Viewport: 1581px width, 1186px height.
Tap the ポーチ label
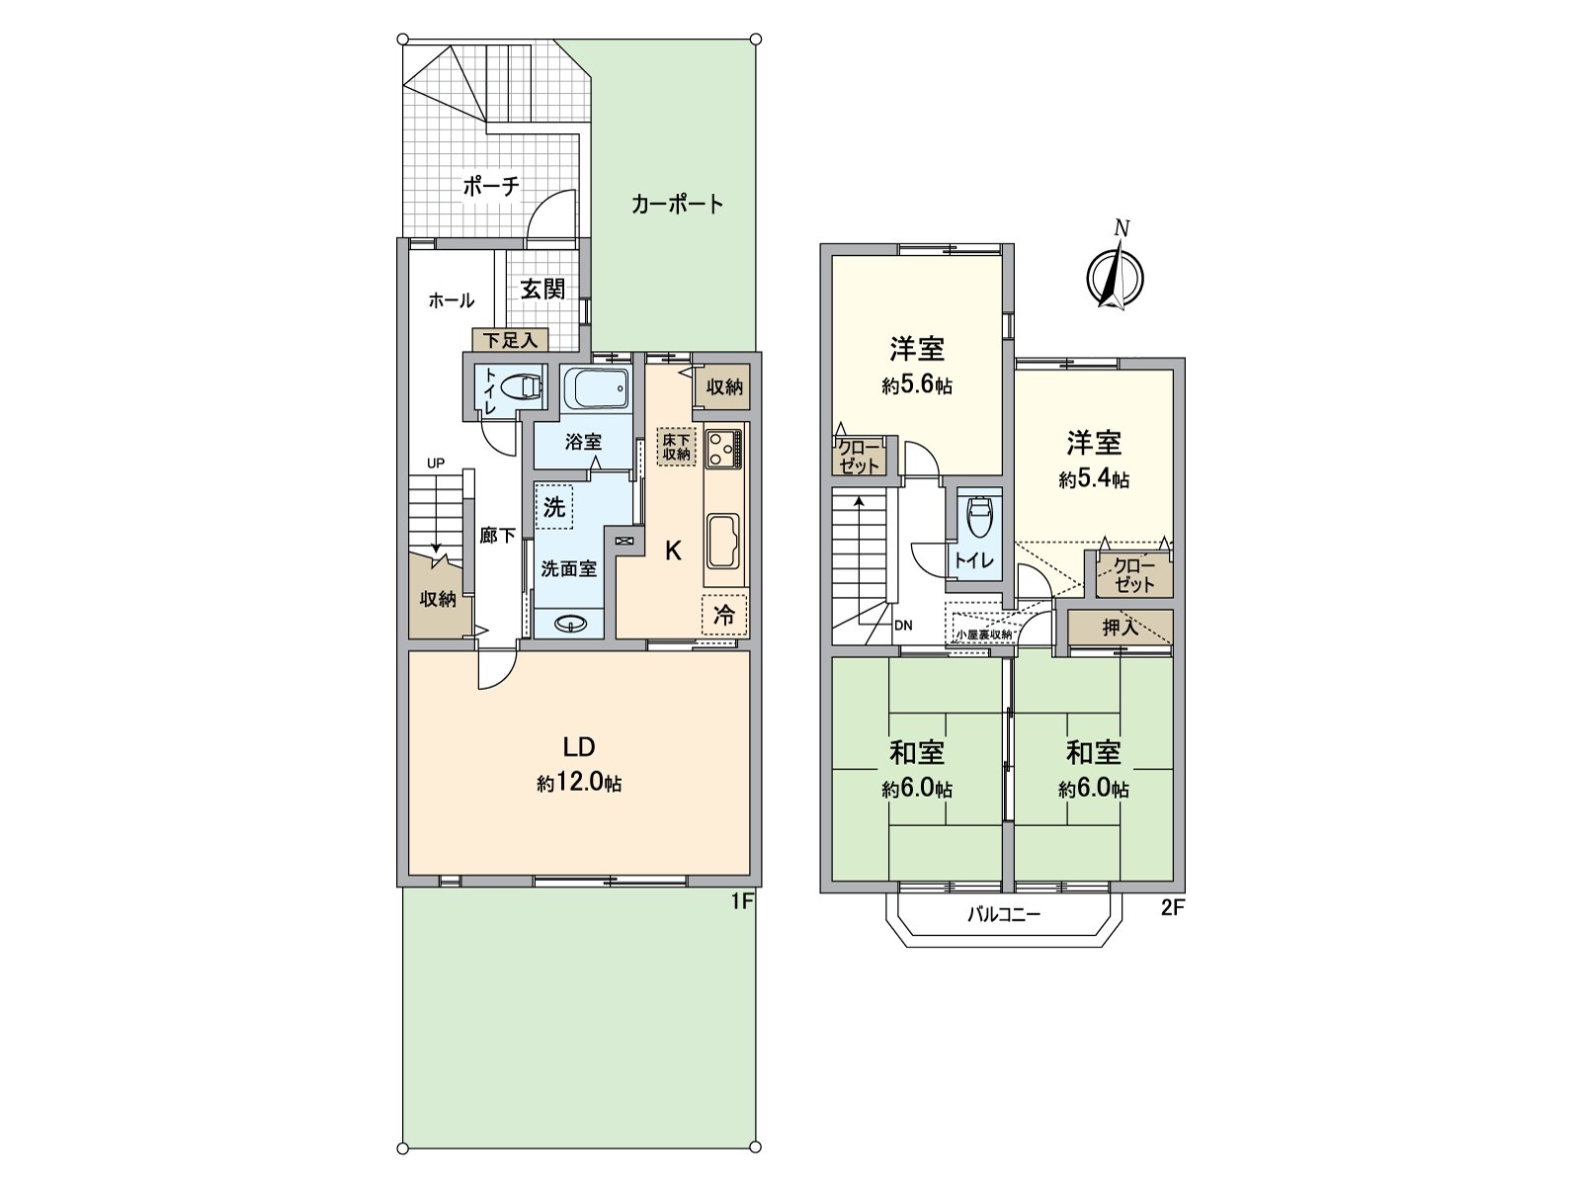coord(491,186)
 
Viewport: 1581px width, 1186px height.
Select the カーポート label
coord(677,205)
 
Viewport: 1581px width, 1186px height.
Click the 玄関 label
coord(542,289)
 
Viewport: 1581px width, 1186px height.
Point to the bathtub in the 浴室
coord(596,388)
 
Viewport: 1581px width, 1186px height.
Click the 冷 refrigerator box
coord(724,615)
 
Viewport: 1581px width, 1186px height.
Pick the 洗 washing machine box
coord(554,507)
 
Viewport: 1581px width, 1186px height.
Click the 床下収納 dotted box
coord(677,446)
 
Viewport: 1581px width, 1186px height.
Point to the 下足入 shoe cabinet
coord(509,340)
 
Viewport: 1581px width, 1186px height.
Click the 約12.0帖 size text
coord(579,784)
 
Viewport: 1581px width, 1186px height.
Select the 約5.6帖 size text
coord(916,385)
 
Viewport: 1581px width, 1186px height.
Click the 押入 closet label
coord(1120,628)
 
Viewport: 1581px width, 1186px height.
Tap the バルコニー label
coord(1003,915)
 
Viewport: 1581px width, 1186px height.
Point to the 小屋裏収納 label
coord(983,635)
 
